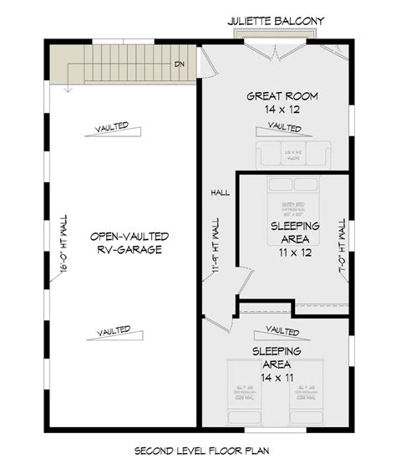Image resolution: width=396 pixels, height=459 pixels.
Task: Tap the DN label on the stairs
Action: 179,64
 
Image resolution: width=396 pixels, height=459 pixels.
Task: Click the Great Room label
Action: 273,96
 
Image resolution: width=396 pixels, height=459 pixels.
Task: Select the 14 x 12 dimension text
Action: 273,110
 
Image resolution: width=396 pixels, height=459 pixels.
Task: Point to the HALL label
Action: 220,192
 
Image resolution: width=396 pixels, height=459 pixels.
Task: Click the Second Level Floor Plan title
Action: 198,450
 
